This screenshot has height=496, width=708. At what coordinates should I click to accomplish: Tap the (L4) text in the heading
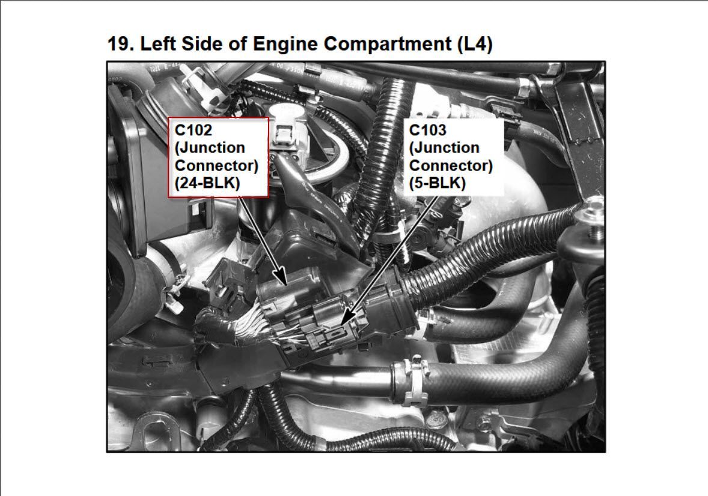[475, 45]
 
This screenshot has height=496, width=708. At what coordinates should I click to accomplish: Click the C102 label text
[194, 130]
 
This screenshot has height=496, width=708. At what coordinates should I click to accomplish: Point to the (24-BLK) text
[207, 183]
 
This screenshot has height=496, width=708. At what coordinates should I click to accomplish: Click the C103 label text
[427, 130]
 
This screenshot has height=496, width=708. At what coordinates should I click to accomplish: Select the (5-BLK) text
[437, 183]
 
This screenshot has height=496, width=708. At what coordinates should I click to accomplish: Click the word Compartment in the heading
[388, 45]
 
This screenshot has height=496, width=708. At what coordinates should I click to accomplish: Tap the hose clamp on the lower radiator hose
[414, 380]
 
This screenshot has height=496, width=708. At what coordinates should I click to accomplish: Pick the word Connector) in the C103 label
[451, 166]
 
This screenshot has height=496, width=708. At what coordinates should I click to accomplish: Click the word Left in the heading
[158, 44]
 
